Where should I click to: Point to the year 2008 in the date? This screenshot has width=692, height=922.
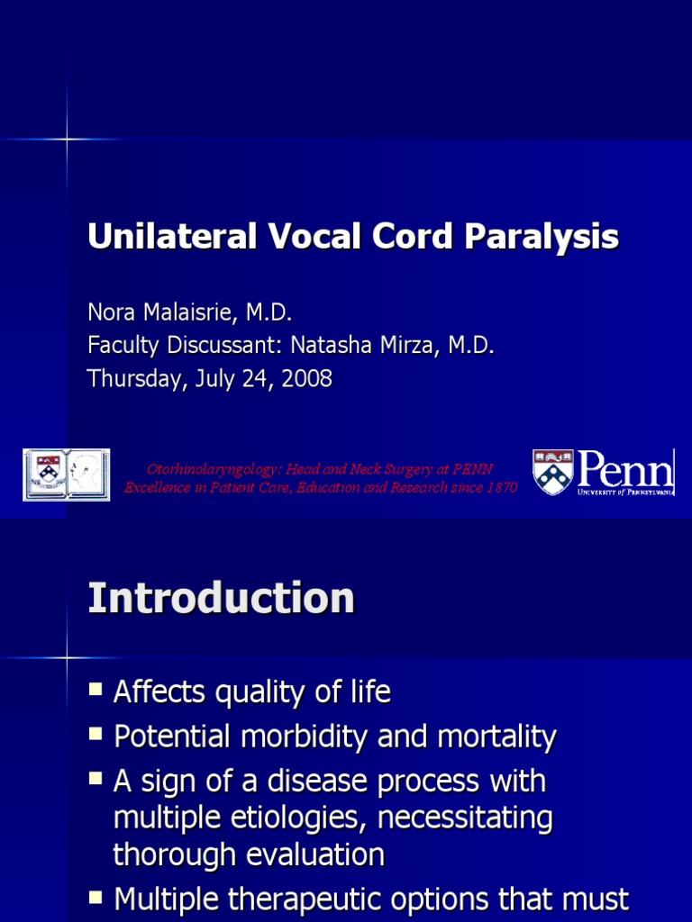tap(307, 379)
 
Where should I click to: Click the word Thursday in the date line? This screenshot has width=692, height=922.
tap(132, 379)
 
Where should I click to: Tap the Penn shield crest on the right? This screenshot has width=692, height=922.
tap(552, 472)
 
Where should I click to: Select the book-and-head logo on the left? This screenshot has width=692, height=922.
tap(67, 475)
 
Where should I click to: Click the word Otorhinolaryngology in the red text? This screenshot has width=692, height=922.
tap(214, 469)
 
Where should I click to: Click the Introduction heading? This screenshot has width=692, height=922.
tap(221, 599)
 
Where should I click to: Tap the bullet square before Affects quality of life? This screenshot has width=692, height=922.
tap(96, 690)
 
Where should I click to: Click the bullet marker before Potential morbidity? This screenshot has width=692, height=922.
tap(96, 735)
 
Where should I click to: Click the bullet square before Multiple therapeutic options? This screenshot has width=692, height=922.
tap(96, 897)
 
